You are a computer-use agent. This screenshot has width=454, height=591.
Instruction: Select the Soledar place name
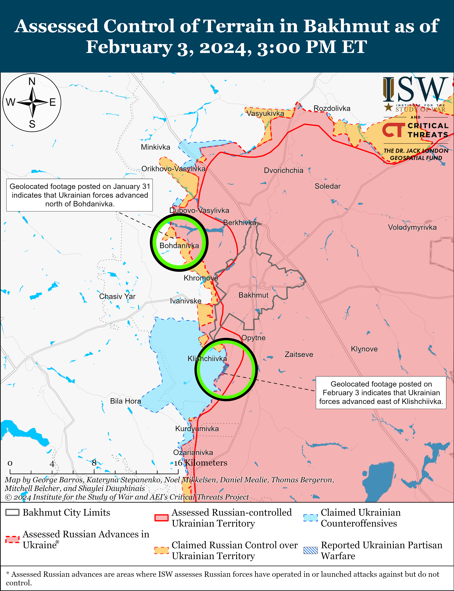point(327,186)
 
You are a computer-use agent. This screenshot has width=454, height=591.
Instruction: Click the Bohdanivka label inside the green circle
point(179,246)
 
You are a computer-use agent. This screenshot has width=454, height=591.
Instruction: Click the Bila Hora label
point(125,401)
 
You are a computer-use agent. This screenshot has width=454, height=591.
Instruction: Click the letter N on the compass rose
point(32,81)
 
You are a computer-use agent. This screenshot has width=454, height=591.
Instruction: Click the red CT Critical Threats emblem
point(393,130)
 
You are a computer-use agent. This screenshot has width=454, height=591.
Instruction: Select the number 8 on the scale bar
point(94,463)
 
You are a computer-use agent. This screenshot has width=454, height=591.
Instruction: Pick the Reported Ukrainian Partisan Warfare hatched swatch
point(311,550)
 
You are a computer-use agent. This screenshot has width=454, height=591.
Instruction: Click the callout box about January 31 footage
point(79,195)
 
